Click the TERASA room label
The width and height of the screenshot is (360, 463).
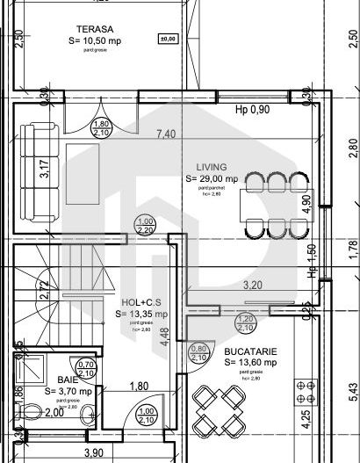91,28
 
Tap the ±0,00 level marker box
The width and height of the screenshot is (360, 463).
164,39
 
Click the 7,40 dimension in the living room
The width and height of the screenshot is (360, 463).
165,134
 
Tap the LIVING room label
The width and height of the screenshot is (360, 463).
212,166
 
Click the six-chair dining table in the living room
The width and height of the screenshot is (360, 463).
277,204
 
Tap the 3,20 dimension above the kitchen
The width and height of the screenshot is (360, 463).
252,285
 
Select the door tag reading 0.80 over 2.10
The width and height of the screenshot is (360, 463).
199,352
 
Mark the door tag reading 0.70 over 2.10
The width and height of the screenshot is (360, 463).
87,369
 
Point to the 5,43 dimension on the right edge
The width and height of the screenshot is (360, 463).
352,387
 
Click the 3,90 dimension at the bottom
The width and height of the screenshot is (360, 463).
92,452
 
